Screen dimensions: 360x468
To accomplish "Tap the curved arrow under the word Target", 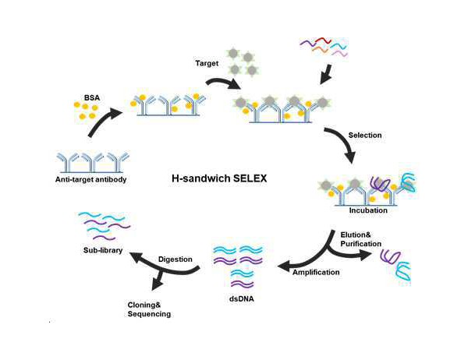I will coord(218,83).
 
